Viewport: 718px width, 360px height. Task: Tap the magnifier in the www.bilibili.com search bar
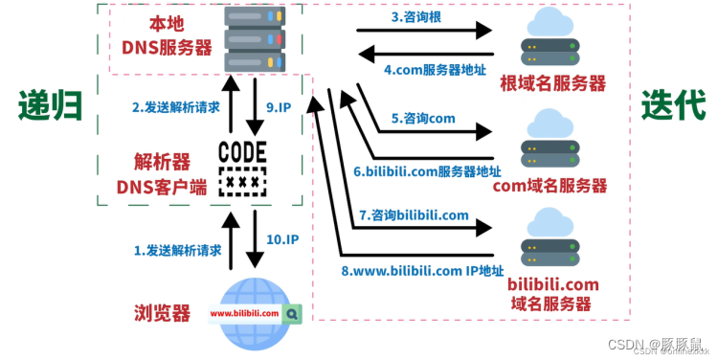click(293, 312)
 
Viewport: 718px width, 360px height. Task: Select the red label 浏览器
click(162, 313)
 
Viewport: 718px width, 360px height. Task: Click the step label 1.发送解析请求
click(177, 250)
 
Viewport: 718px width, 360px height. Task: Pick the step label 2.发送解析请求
click(176, 106)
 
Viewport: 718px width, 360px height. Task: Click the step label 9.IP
click(280, 106)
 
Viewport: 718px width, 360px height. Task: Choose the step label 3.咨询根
click(416, 16)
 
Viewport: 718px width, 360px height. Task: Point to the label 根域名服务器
click(552, 83)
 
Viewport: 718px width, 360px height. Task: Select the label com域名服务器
click(550, 185)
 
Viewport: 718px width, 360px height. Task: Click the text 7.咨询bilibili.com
click(414, 214)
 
